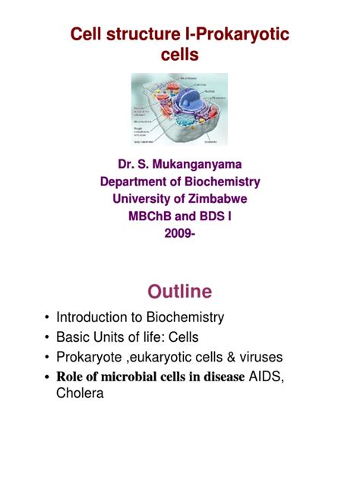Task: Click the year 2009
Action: [178, 234]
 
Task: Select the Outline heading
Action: [180, 292]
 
